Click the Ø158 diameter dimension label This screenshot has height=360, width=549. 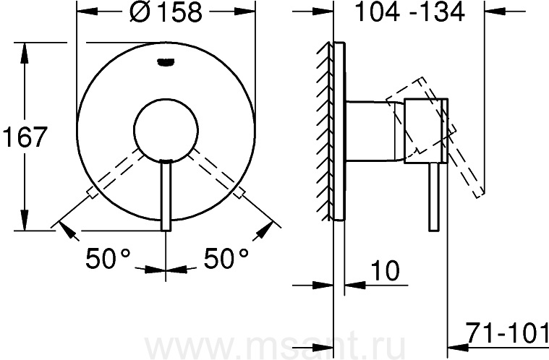click(166, 12)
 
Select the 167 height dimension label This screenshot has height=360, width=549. click(25, 137)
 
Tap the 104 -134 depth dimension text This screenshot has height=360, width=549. click(409, 12)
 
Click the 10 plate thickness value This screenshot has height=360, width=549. click(384, 270)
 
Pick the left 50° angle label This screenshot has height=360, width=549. click(108, 258)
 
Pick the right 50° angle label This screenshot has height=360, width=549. click(226, 258)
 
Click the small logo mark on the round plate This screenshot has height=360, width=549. click(166, 62)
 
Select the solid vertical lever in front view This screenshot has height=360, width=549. click(166, 195)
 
